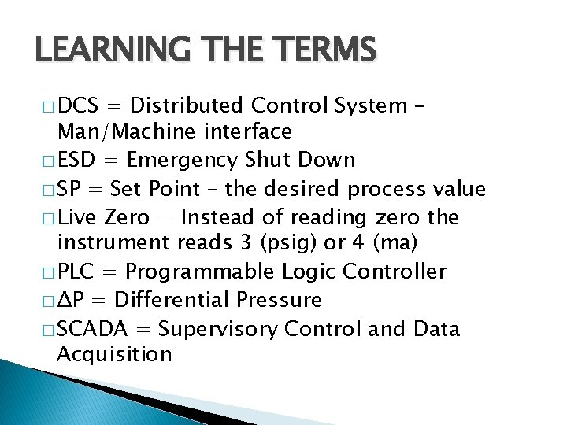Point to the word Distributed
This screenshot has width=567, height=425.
click(187, 105)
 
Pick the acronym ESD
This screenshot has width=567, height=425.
click(77, 160)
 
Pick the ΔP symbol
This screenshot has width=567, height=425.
click(69, 300)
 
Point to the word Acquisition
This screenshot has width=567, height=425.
click(114, 354)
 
